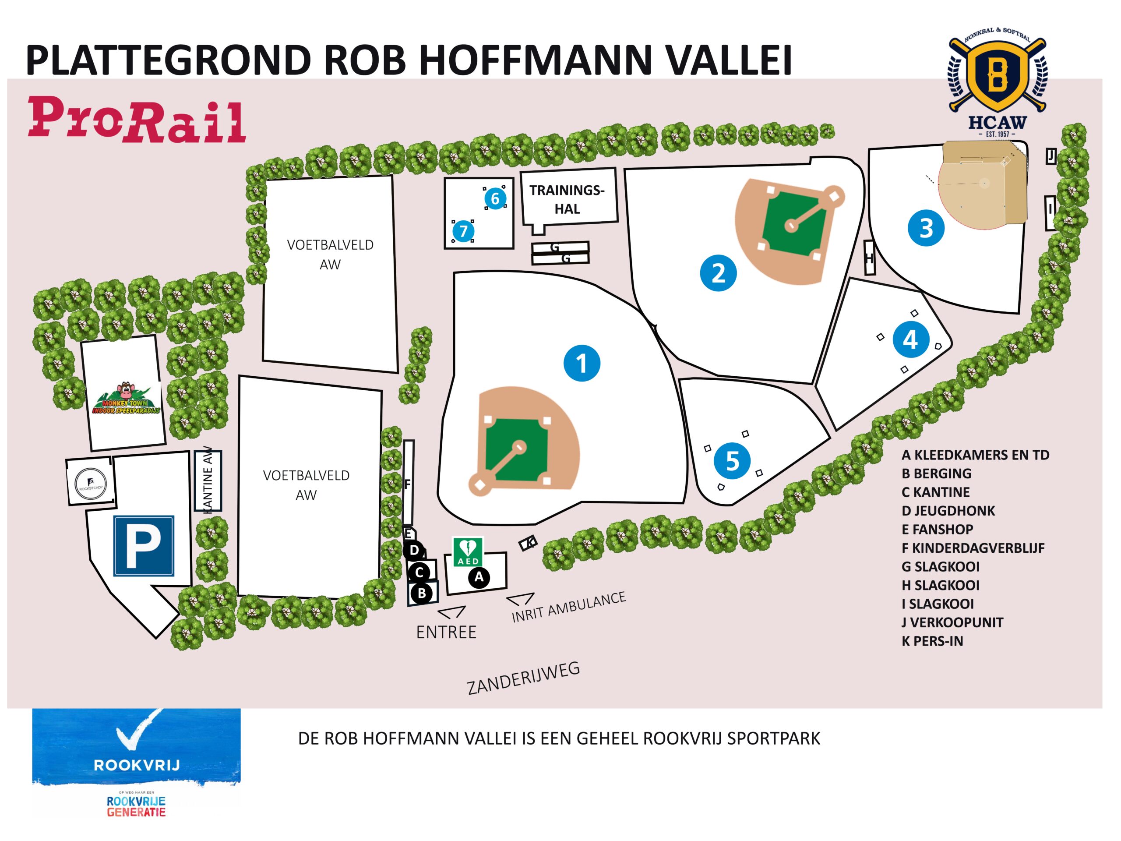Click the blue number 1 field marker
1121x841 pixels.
[x=582, y=364]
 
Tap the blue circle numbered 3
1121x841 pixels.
[x=926, y=228]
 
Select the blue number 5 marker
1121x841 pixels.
[x=732, y=461]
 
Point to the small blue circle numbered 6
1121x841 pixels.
[x=495, y=198]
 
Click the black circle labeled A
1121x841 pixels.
[x=479, y=577]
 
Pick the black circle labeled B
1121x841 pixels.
[x=422, y=593]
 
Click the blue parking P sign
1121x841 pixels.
[x=144, y=546]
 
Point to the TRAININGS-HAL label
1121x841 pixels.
[x=567, y=199]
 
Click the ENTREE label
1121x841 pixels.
[x=446, y=632]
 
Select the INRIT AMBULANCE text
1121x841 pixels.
[x=569, y=607]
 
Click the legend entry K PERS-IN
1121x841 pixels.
[x=932, y=641]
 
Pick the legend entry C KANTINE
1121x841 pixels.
[x=935, y=492]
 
